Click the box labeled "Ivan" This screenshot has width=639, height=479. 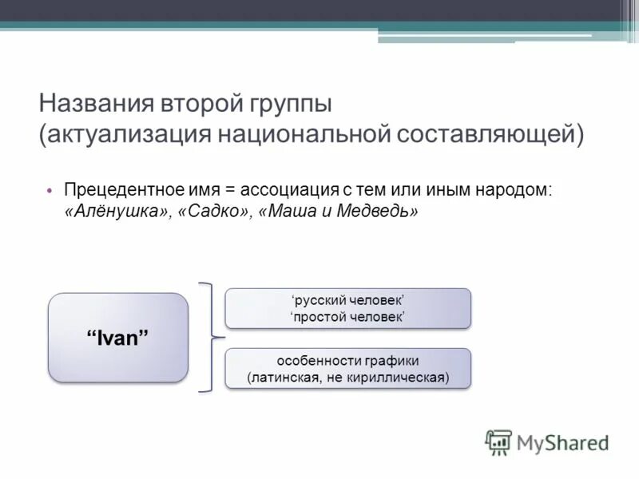coord(118,337)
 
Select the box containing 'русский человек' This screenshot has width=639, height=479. coord(348,308)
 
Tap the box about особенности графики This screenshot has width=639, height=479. coord(348,368)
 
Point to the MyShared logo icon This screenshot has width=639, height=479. coord(498,441)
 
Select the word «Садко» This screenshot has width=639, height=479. coord(215,211)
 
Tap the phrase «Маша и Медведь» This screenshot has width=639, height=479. coord(339,211)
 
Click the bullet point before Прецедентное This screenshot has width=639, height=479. coord(48,191)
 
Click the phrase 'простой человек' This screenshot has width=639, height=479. coord(348,317)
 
